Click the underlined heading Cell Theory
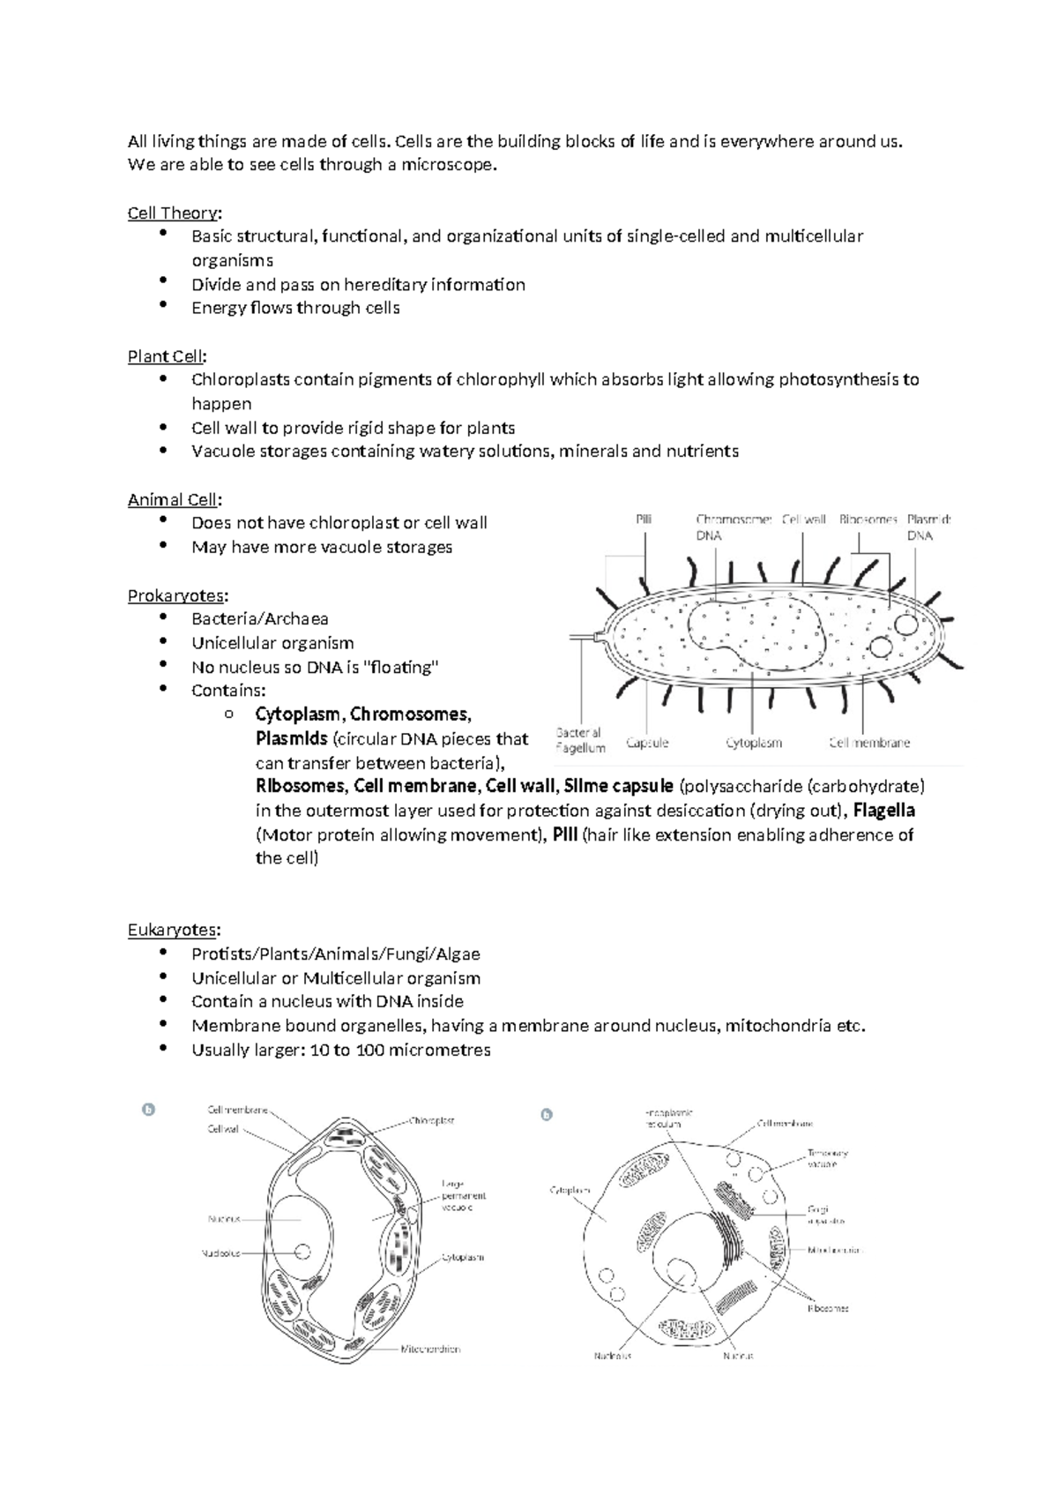pyautogui.click(x=173, y=213)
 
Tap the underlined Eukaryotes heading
pyautogui.click(x=172, y=930)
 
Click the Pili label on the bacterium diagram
pyautogui.click(x=644, y=520)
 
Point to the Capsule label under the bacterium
pyautogui.click(x=647, y=743)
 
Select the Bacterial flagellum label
pyautogui.click(x=580, y=740)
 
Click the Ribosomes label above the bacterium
pyautogui.click(x=868, y=520)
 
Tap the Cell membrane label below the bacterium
pyautogui.click(x=869, y=743)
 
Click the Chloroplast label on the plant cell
pyautogui.click(x=431, y=1121)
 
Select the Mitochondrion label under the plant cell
pyautogui.click(x=430, y=1349)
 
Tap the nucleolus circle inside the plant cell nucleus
pyautogui.click(x=302, y=1252)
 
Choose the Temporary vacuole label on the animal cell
pyautogui.click(x=827, y=1158)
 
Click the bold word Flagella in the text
pyautogui.click(x=884, y=811)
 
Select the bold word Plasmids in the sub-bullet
pyautogui.click(x=291, y=738)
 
